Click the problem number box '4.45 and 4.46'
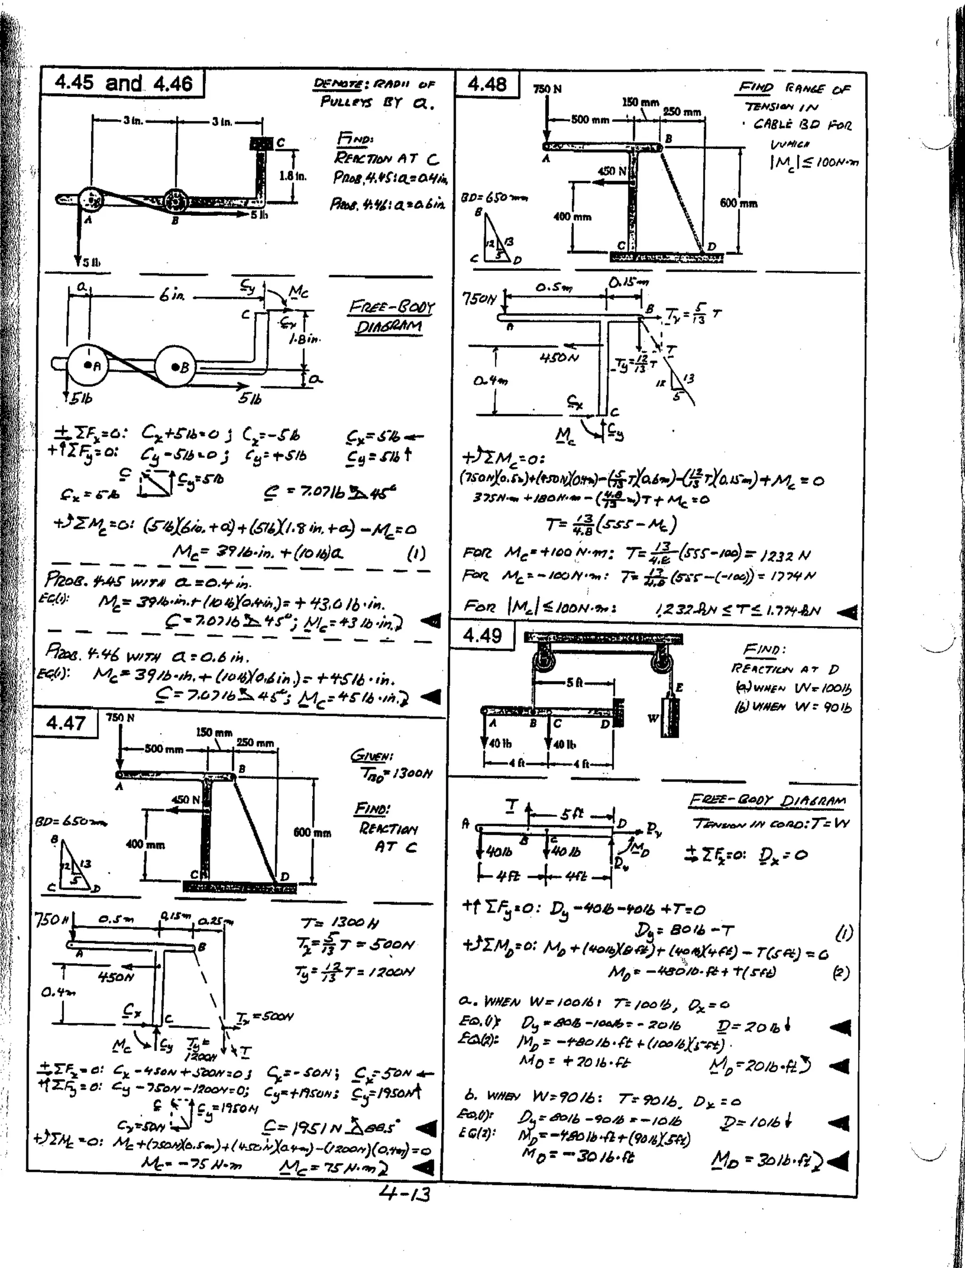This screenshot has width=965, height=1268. tap(123, 84)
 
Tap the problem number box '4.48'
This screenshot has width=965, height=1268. tap(487, 85)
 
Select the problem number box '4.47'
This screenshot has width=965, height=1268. tap(66, 722)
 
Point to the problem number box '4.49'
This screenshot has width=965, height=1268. tap(482, 636)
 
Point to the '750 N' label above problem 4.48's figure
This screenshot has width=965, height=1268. tap(548, 89)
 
